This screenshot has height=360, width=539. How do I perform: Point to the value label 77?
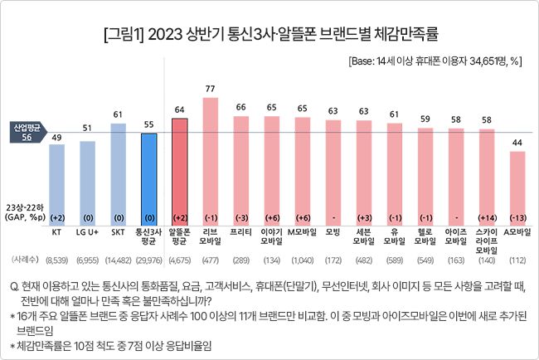coord(211,88)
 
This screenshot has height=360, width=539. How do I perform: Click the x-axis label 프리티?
coord(241,233)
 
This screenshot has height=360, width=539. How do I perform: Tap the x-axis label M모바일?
coord(302,233)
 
